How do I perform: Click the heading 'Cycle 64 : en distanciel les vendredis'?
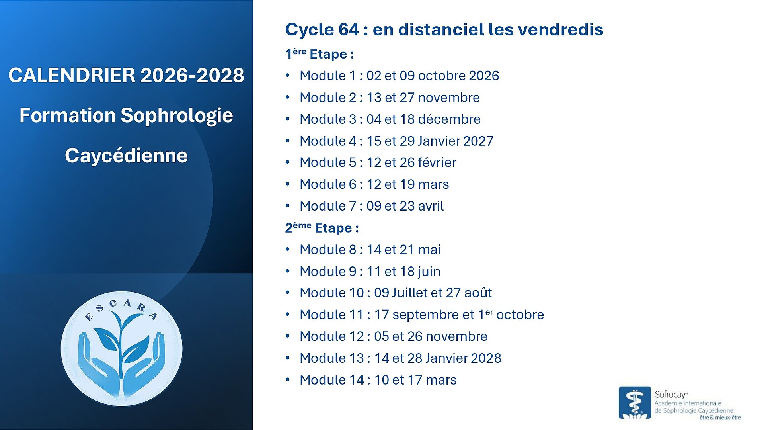pyautogui.click(x=444, y=29)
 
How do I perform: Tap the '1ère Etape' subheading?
pyautogui.click(x=320, y=54)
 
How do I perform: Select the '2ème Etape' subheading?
pyautogui.click(x=322, y=228)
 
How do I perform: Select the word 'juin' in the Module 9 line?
pyautogui.click(x=429, y=272)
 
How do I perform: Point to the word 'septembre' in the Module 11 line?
pyautogui.click(x=423, y=315)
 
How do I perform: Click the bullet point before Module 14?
pyautogui.click(x=288, y=380)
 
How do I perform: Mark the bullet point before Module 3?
pyautogui.click(x=288, y=119)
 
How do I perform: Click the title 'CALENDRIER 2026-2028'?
pyautogui.click(x=126, y=75)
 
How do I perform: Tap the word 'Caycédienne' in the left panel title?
pyautogui.click(x=126, y=155)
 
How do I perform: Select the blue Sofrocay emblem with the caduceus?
pyautogui.click(x=635, y=403)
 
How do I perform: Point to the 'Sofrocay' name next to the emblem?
pyautogui.click(x=671, y=395)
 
